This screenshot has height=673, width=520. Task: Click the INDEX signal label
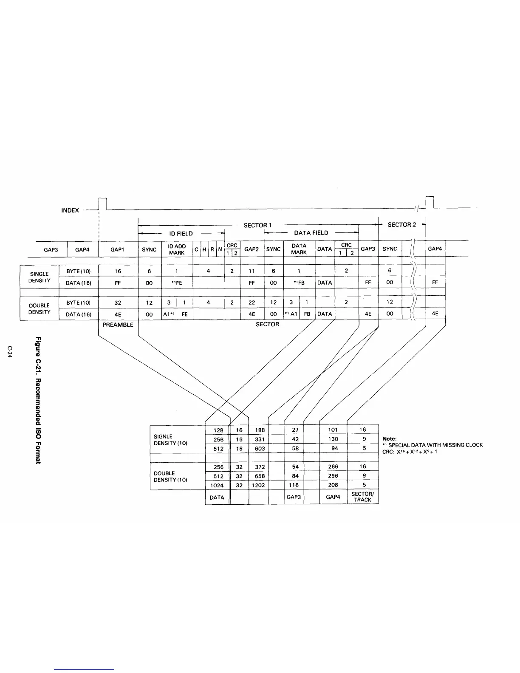(70, 210)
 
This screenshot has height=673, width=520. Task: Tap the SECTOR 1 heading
(257, 225)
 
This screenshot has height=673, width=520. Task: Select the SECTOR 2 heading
(401, 225)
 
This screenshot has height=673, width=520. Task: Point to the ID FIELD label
(181, 233)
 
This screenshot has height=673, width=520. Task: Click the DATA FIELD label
(311, 233)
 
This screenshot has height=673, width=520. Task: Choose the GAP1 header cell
(117, 249)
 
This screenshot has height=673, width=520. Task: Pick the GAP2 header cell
(252, 249)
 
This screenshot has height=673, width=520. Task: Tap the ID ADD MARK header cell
(177, 249)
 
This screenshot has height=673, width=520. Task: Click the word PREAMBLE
(118, 325)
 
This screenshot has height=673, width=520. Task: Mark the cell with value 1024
(217, 485)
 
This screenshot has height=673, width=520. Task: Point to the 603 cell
(260, 448)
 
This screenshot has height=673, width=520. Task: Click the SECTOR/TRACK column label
(362, 497)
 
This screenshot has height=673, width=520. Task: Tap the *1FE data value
(177, 283)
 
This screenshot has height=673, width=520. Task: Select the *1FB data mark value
(299, 283)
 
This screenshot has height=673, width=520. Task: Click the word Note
(389, 438)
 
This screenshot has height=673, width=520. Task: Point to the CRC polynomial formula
(410, 452)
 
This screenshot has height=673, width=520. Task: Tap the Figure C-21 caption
(38, 400)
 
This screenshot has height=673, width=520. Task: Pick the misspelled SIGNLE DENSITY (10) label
(170, 440)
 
